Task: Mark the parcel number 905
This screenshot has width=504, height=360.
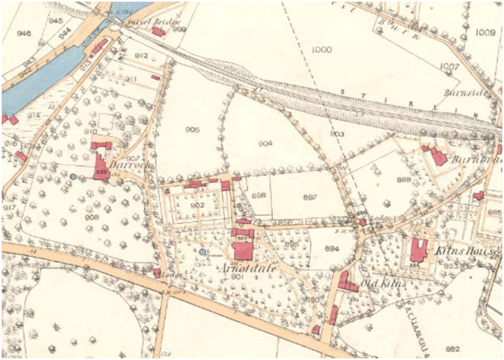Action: (x=192, y=130)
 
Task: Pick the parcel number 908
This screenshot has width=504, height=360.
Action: (x=92, y=217)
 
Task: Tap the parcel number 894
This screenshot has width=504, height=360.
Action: (x=331, y=248)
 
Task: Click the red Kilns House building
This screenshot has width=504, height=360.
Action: (x=418, y=250)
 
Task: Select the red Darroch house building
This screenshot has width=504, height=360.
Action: (x=102, y=161)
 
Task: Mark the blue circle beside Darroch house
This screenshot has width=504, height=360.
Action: (x=75, y=176)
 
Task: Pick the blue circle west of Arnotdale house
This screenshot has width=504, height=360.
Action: (x=203, y=252)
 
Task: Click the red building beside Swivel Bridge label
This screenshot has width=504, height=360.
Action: (x=158, y=31)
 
